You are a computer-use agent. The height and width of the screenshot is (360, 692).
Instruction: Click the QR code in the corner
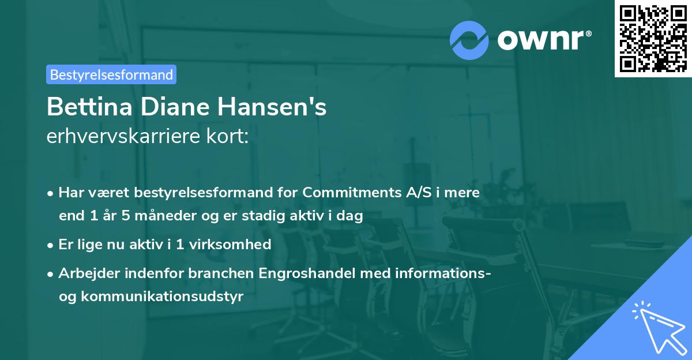click(x=653, y=38)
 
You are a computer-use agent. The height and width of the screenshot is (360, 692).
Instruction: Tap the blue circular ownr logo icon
click(x=469, y=40)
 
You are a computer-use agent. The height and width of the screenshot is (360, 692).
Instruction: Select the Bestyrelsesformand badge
click(x=111, y=74)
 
